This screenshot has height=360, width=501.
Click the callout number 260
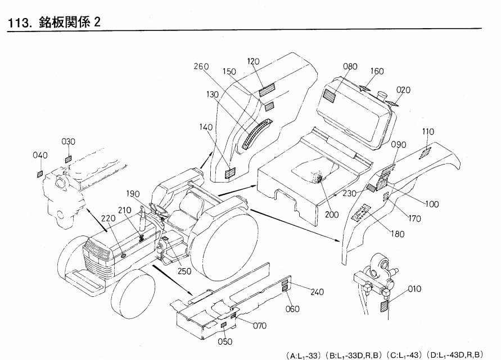click(201, 66)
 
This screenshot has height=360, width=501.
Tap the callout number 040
click(40, 155)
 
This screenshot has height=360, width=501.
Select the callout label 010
click(414, 289)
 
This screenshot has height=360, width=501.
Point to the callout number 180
click(398, 234)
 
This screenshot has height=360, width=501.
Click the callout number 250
click(184, 272)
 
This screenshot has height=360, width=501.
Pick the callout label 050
click(225, 342)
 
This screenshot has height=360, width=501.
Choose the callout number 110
click(428, 131)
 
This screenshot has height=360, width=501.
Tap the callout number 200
click(332, 215)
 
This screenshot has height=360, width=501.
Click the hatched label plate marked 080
click(330, 96)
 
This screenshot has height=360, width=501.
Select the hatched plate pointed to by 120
click(267, 90)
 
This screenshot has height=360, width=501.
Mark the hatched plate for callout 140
click(230, 173)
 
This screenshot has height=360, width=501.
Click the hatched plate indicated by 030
click(69, 159)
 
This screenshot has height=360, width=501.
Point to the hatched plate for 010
click(385, 306)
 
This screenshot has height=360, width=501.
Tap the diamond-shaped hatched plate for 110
click(426, 153)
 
